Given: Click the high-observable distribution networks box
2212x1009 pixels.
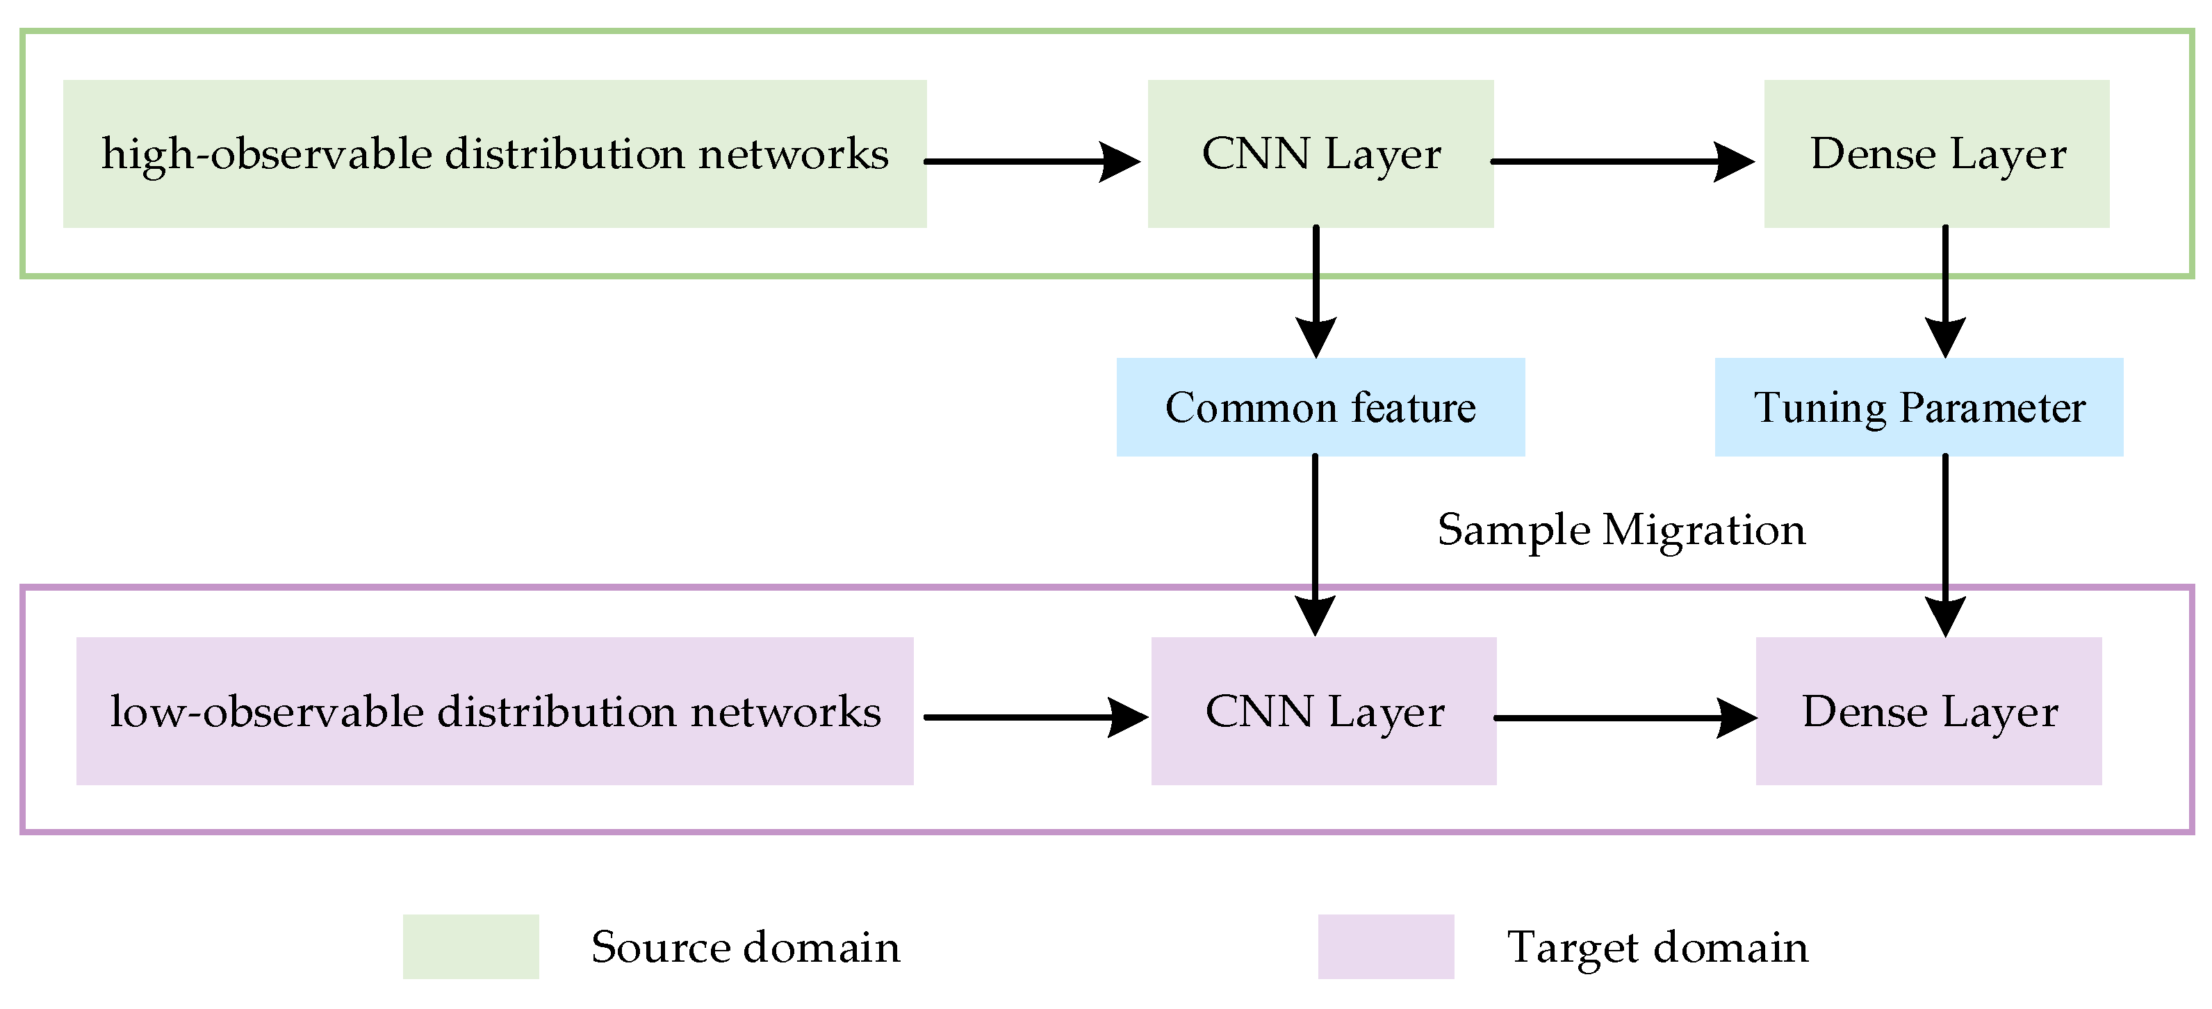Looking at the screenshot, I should click(x=495, y=154).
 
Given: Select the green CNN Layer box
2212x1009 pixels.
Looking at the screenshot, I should click(x=1320, y=154).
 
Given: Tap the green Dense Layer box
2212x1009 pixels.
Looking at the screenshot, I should click(x=1936, y=154).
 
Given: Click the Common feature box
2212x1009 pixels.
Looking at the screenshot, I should click(x=1320, y=407).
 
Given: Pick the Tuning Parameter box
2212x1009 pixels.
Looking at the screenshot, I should click(x=1918, y=407).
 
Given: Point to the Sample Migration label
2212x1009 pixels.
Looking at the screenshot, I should click(x=1621, y=530).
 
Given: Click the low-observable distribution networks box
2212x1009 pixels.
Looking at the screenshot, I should click(x=495, y=711).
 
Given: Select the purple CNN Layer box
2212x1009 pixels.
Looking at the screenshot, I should click(x=1323, y=711).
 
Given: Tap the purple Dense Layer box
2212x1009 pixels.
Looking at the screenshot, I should click(x=1928, y=711).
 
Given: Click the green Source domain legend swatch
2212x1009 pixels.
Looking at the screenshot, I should click(x=470, y=946).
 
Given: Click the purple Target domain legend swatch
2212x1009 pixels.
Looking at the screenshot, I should click(x=1386, y=946).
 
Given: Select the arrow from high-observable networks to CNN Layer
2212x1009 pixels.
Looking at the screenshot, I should click(x=1031, y=161).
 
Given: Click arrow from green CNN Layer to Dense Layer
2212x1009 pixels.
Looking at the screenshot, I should click(x=1621, y=161).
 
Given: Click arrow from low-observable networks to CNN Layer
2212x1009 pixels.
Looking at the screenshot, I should click(x=1034, y=717).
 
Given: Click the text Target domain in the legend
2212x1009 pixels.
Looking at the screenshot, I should click(x=1657, y=947).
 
